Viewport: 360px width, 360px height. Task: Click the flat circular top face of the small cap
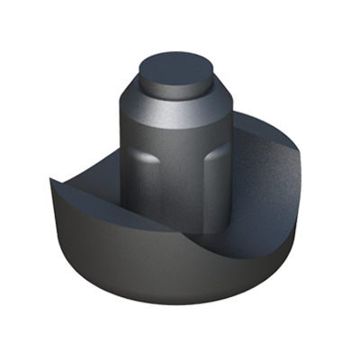pos(175,67)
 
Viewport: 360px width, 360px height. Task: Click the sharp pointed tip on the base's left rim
pos(51,179)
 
